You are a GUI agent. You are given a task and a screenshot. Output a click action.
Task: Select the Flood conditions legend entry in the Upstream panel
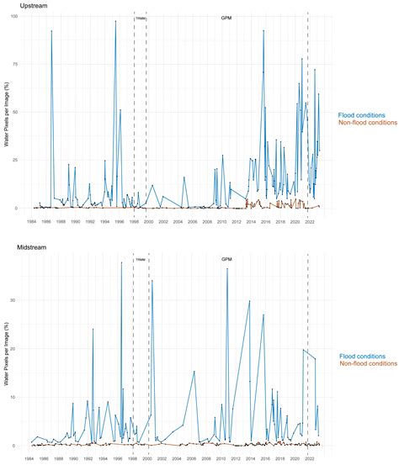pyautogui.click(x=362, y=115)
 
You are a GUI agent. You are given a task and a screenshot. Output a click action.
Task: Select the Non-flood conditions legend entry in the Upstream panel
pyautogui.click(x=367, y=124)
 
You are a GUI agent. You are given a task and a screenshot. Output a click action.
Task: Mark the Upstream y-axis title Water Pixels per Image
pyautogui.click(x=8, y=114)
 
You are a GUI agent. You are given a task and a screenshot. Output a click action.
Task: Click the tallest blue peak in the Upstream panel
pyautogui.click(x=115, y=22)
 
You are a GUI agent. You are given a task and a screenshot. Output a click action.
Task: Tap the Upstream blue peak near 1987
pyautogui.click(x=51, y=31)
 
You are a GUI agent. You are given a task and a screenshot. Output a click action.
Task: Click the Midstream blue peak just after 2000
pyautogui.click(x=152, y=281)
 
